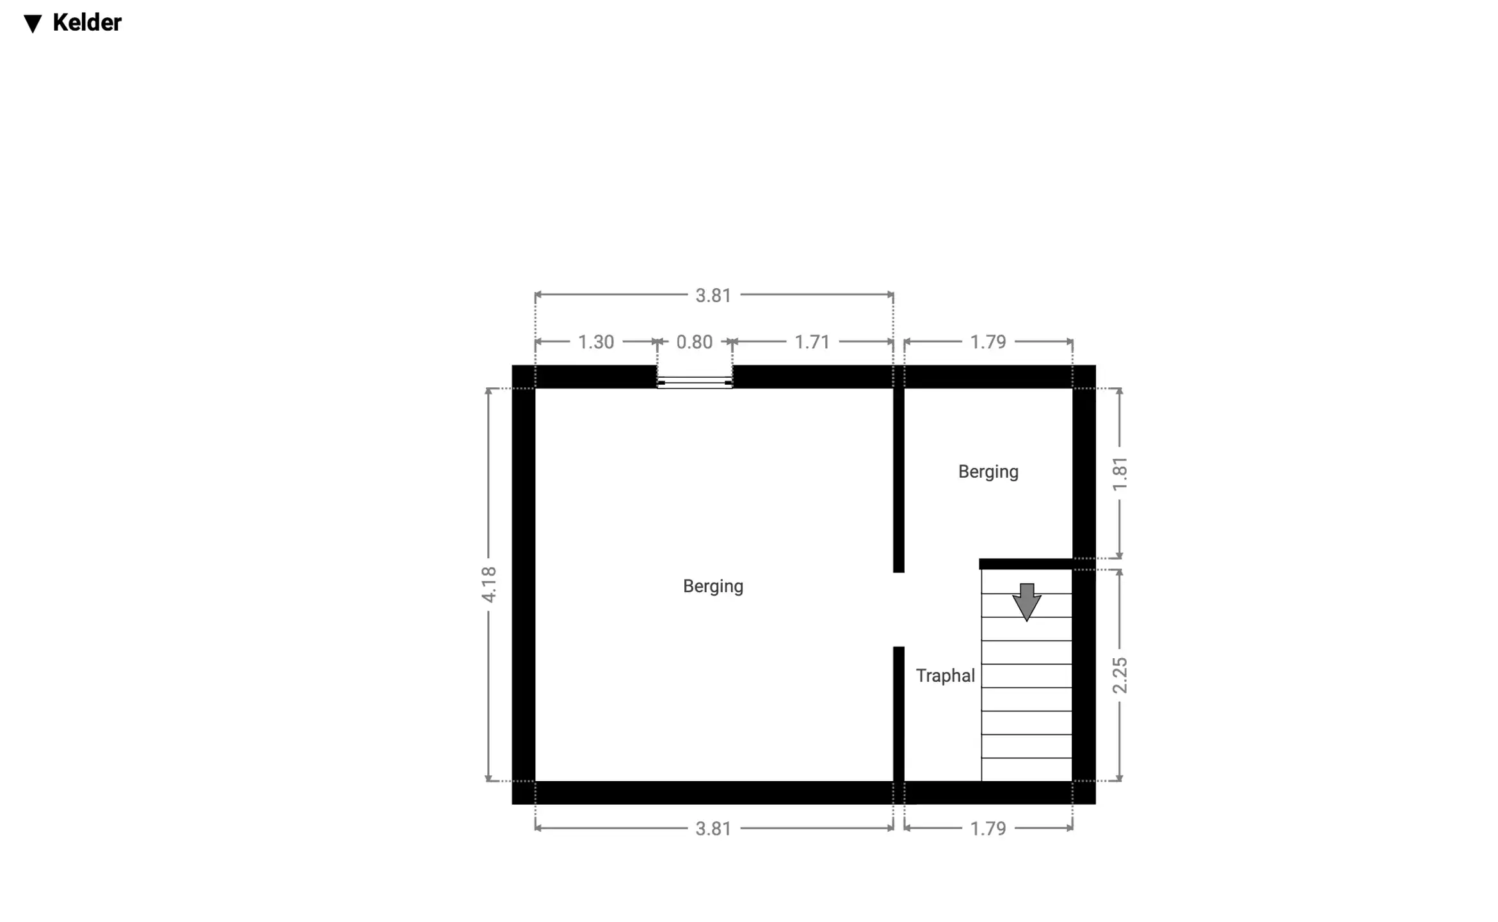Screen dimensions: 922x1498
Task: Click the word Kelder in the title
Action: (87, 23)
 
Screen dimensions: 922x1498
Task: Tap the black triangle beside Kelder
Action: (33, 24)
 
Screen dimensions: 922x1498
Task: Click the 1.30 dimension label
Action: (596, 342)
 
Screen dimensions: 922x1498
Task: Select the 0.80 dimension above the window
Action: (695, 342)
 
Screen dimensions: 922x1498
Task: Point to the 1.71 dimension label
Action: (812, 342)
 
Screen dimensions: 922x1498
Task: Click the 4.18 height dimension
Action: (488, 585)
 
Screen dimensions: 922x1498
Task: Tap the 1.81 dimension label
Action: (1120, 474)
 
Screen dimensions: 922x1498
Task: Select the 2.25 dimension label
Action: (1120, 675)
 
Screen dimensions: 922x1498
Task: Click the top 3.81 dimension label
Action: (713, 295)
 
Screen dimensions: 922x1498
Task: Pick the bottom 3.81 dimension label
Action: (713, 829)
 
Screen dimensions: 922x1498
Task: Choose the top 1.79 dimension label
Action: (988, 342)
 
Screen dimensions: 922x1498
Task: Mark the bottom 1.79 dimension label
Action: (988, 829)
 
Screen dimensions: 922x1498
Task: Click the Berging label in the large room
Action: (713, 586)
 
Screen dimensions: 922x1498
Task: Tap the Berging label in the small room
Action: (988, 472)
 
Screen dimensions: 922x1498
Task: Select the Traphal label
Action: (945, 675)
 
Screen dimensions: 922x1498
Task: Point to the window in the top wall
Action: (695, 382)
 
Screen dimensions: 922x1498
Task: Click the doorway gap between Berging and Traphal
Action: (899, 610)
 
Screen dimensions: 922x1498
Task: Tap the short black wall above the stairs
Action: (1026, 564)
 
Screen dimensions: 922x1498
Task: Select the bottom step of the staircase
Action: (1026, 770)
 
